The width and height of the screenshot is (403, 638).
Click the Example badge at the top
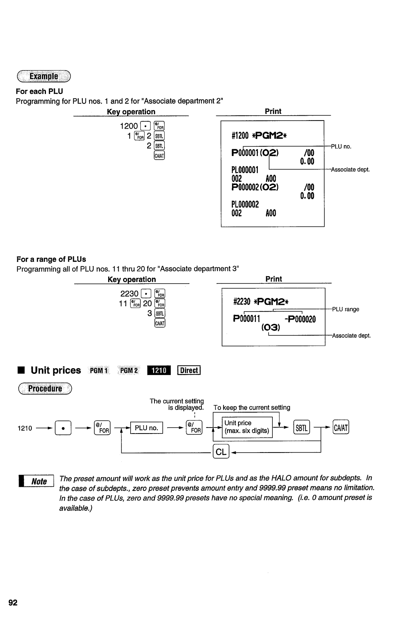44,76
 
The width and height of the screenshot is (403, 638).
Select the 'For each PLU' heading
39,91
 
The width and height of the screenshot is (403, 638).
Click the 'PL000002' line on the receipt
245,204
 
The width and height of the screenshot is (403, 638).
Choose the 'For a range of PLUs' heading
51,259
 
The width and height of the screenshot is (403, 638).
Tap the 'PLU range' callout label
346,309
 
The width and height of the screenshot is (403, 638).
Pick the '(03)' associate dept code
271,328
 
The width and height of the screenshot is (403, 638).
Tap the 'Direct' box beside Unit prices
189,370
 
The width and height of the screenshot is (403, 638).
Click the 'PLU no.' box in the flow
146,428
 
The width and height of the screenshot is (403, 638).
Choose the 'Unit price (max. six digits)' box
247,427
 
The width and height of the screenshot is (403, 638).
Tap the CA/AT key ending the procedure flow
341,428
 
